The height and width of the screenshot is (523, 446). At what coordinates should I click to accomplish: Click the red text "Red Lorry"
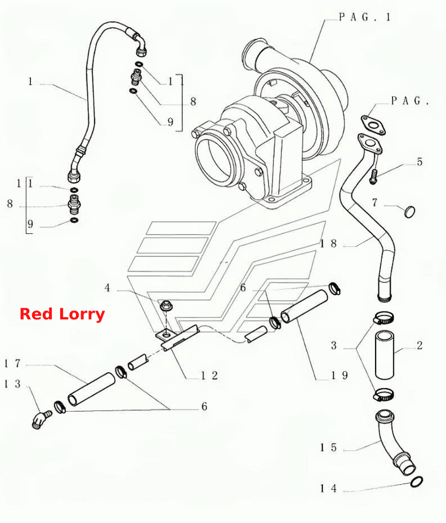62,314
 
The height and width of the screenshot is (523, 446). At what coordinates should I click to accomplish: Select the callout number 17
12,363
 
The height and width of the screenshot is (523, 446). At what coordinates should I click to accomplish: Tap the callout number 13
12,384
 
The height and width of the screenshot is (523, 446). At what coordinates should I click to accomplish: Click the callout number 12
209,376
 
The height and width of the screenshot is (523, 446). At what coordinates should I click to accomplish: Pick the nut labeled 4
166,305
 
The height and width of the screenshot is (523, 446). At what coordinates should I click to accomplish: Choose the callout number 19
339,376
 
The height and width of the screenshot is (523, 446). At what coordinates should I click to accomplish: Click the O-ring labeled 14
417,482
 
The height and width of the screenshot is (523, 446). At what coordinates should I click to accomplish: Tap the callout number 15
328,447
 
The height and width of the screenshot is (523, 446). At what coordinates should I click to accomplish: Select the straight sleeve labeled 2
385,354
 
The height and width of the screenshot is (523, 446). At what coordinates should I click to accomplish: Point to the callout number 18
328,244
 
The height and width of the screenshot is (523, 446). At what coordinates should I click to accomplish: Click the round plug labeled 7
409,211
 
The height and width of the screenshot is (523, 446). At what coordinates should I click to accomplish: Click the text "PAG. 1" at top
364,17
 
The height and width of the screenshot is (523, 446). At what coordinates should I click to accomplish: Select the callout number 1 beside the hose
30,82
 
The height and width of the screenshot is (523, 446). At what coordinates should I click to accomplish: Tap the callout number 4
107,287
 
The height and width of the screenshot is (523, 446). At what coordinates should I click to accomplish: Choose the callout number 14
328,488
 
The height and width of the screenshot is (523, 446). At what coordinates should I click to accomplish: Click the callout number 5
420,162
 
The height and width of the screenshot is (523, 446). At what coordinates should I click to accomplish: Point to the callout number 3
334,345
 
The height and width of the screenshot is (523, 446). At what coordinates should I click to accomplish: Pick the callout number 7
375,202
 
